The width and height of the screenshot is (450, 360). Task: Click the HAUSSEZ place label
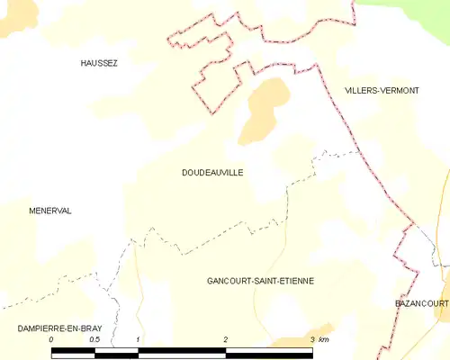(99, 63)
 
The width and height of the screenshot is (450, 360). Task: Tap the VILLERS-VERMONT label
(382, 90)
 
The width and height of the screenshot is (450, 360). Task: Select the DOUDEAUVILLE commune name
(212, 172)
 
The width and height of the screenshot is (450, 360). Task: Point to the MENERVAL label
(50, 211)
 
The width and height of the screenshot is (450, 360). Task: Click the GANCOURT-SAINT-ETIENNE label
(260, 281)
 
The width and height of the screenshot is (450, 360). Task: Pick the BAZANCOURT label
(421, 304)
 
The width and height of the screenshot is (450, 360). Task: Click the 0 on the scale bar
(51, 339)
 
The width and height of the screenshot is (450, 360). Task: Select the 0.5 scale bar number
(94, 339)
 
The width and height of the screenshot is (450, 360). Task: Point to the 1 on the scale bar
(138, 339)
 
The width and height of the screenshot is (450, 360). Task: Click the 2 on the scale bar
(226, 339)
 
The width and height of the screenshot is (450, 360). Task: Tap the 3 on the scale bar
(312, 339)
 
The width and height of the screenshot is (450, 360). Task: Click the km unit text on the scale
(325, 339)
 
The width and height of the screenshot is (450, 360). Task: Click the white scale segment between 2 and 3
(269, 352)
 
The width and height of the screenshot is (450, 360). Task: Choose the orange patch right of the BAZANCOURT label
(444, 306)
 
